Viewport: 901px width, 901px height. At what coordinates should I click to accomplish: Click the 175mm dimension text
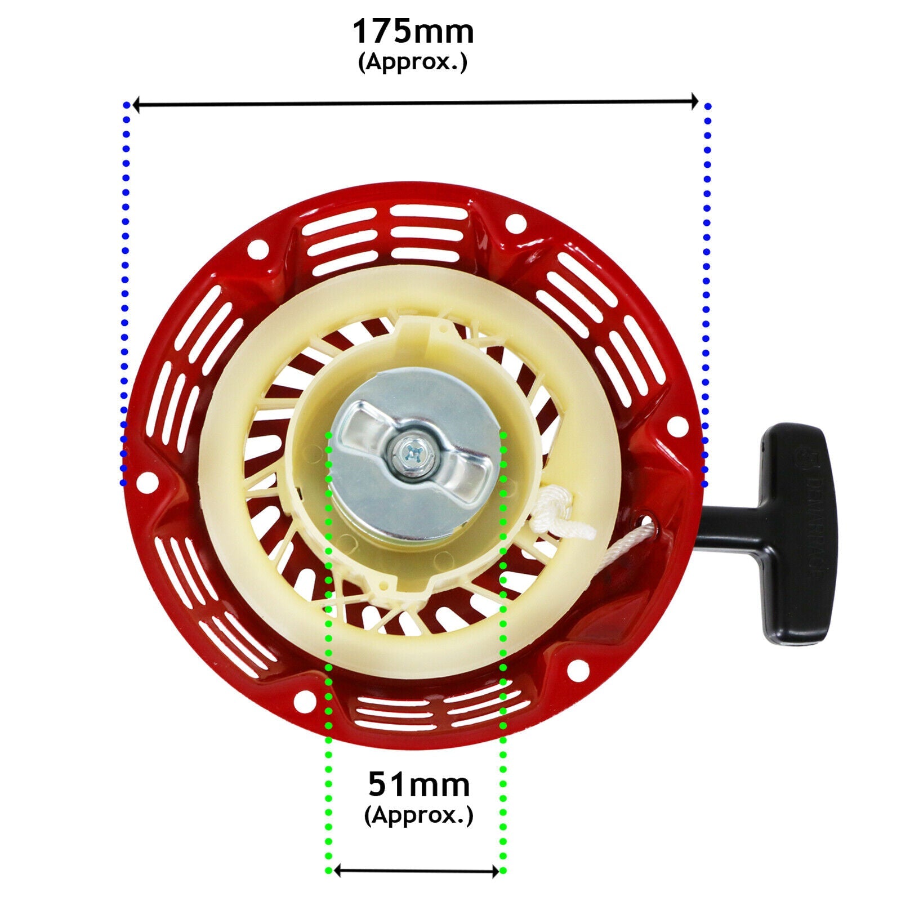(x=413, y=32)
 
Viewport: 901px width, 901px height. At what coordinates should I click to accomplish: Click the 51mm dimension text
(x=419, y=784)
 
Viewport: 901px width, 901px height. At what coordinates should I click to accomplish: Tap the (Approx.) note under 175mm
(x=413, y=62)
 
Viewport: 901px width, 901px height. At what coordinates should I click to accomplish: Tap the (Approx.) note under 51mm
(x=419, y=815)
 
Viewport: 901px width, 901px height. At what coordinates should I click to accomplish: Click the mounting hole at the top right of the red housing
(x=515, y=223)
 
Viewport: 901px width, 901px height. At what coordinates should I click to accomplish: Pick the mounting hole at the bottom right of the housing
(x=577, y=670)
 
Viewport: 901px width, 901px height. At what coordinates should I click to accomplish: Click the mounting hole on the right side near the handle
(x=675, y=427)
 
